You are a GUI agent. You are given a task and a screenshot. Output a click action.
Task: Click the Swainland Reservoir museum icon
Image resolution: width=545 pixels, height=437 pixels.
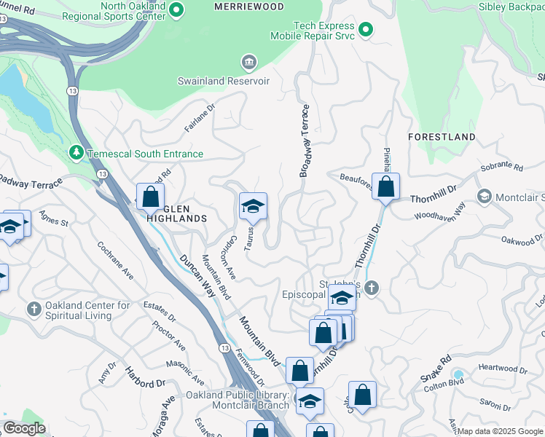pyautogui.click(x=250, y=63)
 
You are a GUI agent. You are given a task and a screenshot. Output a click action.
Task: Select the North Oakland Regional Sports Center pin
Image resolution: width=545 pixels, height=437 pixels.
pyautogui.click(x=177, y=10)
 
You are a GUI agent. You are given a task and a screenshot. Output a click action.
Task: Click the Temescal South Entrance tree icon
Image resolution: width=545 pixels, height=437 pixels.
pyautogui.click(x=76, y=154)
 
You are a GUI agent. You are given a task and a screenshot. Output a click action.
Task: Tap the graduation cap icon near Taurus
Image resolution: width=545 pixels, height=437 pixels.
pyautogui.click(x=253, y=207)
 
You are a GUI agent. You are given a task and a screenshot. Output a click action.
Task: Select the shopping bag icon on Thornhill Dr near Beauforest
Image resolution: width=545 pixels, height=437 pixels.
pyautogui.click(x=385, y=187)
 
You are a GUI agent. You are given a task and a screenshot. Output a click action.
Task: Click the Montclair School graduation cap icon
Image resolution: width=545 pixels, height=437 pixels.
pyautogui.click(x=484, y=197)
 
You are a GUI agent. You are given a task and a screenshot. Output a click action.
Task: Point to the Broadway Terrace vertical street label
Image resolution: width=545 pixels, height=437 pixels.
pyautogui.click(x=305, y=141)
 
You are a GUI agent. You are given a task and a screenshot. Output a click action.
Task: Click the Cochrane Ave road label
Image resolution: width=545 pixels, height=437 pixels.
pyautogui.click(x=117, y=263)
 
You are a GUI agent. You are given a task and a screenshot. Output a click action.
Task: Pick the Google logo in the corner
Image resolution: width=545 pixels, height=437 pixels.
pyautogui.click(x=24, y=428)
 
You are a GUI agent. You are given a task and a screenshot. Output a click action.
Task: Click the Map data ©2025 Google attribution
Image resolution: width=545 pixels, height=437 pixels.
pyautogui.click(x=500, y=431)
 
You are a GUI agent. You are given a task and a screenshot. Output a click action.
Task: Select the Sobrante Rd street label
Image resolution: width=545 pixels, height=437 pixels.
pyautogui.click(x=503, y=168)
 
